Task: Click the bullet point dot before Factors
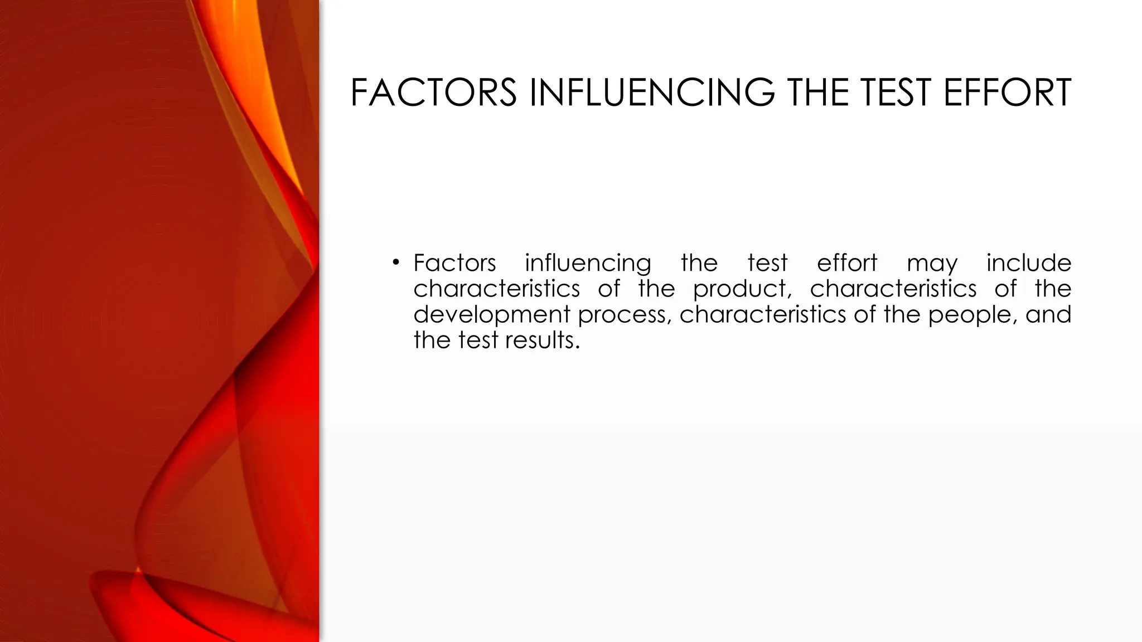(x=395, y=262)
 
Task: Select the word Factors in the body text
(x=454, y=262)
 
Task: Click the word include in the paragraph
(x=1029, y=262)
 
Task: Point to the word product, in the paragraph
(x=742, y=289)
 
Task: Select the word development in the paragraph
(x=492, y=315)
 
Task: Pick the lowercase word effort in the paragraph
(x=847, y=262)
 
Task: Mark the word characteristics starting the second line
(x=496, y=289)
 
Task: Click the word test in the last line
(x=478, y=341)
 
